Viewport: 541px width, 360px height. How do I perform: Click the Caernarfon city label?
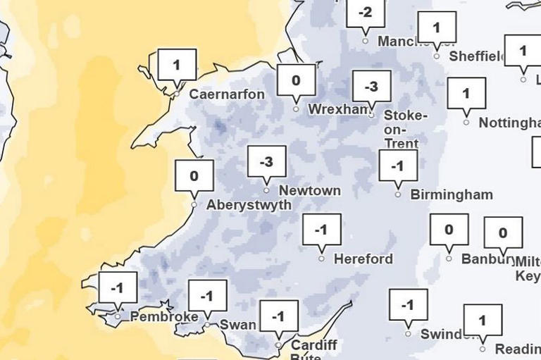pos(227,94)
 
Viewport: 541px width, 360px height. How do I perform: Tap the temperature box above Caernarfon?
pos(176,66)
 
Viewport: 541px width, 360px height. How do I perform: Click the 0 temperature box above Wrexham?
pos(295,80)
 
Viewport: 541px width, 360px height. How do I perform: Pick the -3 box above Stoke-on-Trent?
pos(371,87)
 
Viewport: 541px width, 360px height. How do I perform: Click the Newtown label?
pos(309,191)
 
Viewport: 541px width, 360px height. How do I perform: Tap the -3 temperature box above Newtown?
pos(266,162)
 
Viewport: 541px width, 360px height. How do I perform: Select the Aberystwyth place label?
pos(248,205)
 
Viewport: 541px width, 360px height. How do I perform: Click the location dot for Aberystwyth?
pos(194,205)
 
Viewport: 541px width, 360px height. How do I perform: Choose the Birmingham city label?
pos(451,194)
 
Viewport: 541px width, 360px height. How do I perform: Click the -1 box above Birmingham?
pos(398,166)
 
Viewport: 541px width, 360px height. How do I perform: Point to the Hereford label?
pos(363,259)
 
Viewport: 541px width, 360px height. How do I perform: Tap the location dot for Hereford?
pos(321,259)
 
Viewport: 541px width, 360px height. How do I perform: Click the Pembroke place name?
pos(163,317)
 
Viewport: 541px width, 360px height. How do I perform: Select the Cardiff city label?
pos(313,345)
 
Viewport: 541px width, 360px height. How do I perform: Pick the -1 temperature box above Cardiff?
pos(279,316)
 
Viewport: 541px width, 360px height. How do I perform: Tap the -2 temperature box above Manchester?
pos(366,13)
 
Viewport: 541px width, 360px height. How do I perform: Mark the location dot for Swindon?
pos(408,334)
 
